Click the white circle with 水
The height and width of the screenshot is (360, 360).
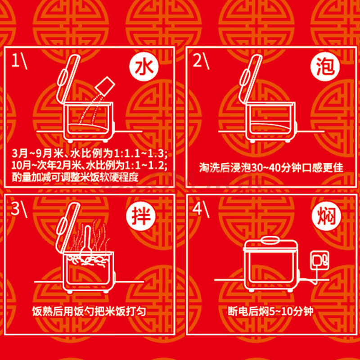(x=144, y=67)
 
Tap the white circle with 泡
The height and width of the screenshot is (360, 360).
(x=325, y=66)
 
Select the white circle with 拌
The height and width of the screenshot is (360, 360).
(x=141, y=216)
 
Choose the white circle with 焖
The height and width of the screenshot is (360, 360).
(x=327, y=216)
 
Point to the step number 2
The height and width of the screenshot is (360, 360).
(x=197, y=61)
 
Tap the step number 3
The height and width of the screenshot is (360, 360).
(x=15, y=209)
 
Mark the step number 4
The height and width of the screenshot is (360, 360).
(x=197, y=209)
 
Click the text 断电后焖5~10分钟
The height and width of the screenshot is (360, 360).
(x=271, y=311)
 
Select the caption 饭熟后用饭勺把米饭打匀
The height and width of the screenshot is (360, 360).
(x=89, y=311)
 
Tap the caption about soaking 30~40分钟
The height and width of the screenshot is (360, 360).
(x=271, y=167)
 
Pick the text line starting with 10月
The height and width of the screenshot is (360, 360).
(x=89, y=166)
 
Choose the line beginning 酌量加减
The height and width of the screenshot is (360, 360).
(x=75, y=177)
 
